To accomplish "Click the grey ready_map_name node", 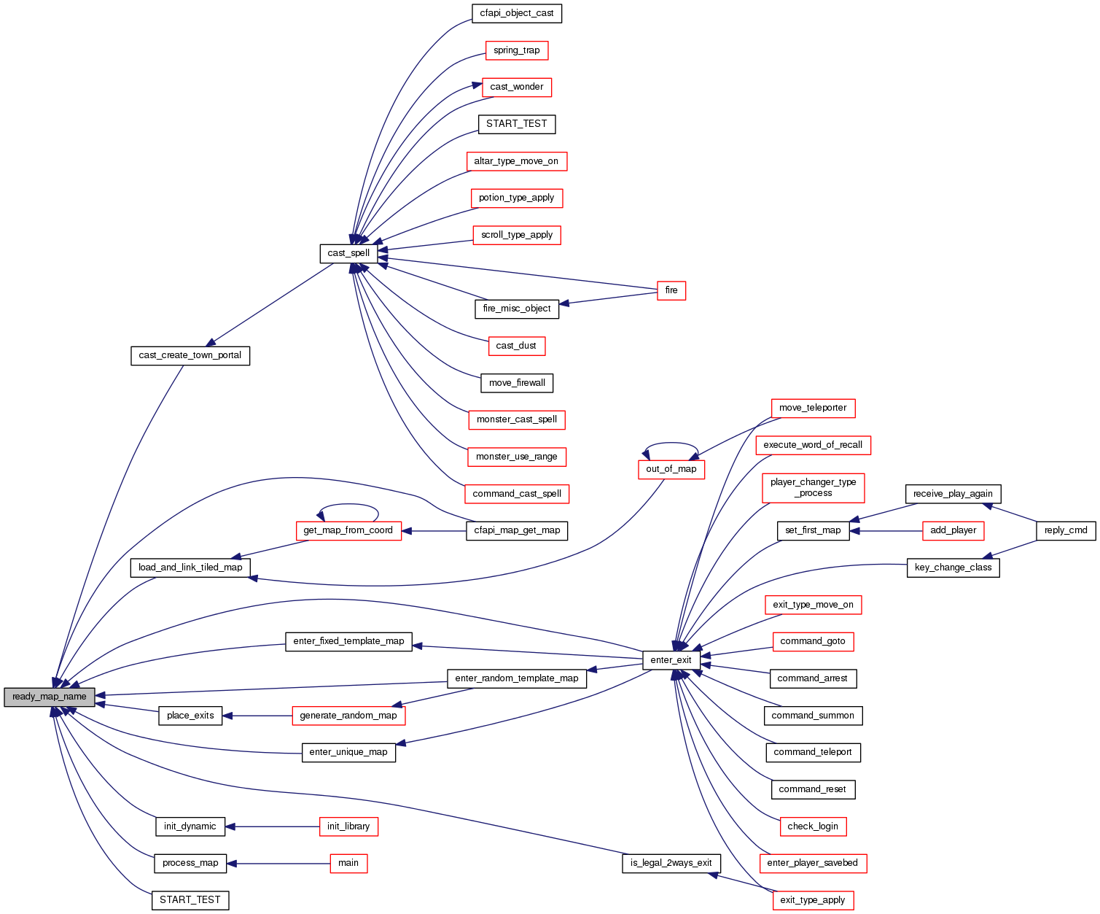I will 50,697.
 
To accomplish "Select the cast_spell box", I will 348,253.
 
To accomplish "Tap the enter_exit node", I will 671,660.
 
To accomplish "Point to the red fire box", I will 671,290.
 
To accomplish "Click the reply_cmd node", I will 1066,530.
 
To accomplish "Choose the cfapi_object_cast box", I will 517,13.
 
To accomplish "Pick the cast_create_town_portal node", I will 190,355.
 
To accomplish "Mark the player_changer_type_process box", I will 813,487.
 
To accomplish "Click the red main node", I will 348,863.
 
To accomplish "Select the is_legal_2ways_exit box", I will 671,863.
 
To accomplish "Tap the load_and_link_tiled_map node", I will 190,568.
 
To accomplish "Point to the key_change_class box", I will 953,568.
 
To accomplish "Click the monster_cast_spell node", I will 516,419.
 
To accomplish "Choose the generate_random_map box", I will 348,716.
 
